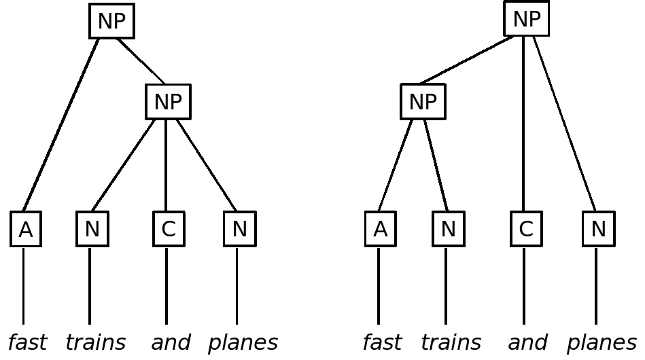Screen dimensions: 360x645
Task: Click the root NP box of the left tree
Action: tap(111, 21)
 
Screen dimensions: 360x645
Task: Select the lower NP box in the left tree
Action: tap(168, 102)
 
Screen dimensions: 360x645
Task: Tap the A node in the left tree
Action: tap(26, 229)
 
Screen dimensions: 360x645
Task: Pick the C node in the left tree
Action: tap(169, 229)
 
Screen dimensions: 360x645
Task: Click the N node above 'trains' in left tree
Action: tap(92, 229)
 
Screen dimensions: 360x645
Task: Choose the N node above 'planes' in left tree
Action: tap(239, 229)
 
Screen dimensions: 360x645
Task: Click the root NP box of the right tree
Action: tap(526, 19)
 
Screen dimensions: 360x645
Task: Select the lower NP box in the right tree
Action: tap(423, 102)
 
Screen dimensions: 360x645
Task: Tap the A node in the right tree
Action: tap(381, 229)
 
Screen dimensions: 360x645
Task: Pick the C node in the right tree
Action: tap(526, 229)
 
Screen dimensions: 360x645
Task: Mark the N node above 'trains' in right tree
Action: tap(448, 229)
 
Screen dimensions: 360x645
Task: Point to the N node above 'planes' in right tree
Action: tap(598, 229)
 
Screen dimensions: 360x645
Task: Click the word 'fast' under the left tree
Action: tap(27, 342)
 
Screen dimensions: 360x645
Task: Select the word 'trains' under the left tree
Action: tap(95, 342)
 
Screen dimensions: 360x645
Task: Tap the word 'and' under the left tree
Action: tap(171, 342)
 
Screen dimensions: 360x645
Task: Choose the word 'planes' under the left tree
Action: tap(243, 343)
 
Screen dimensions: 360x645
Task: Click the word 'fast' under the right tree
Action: tap(382, 342)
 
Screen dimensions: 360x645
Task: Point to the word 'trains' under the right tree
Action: tap(451, 342)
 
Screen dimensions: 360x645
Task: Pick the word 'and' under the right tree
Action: tap(527, 342)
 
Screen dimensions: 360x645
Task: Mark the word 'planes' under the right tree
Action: tap(602, 343)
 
